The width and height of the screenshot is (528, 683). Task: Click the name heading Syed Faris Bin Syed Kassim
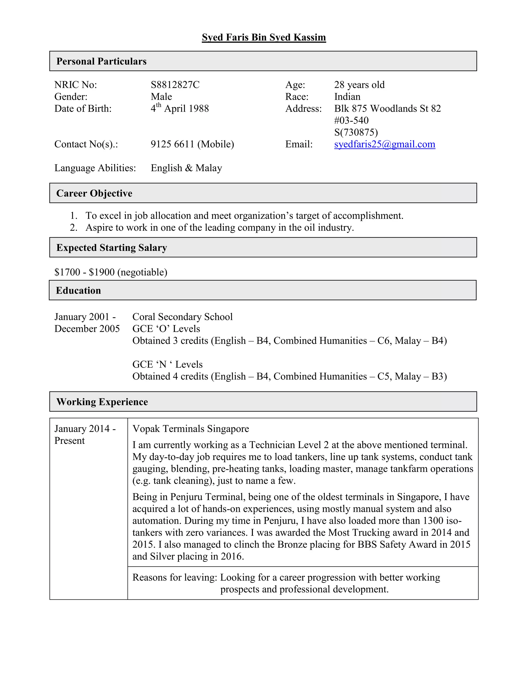pyautogui.click(x=264, y=37)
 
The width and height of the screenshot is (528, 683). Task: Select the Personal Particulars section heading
pyautogui.click(x=101, y=61)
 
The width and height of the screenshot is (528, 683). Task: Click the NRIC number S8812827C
pyautogui.click(x=175, y=85)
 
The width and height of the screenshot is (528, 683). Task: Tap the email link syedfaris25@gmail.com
pyautogui.click(x=384, y=144)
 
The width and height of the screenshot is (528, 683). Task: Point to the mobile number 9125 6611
pyautogui.click(x=172, y=144)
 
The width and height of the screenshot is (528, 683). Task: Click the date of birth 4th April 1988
pyautogui.click(x=179, y=109)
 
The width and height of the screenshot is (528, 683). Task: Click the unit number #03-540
pyautogui.click(x=351, y=120)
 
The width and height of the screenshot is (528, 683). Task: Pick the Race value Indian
pyautogui.click(x=347, y=97)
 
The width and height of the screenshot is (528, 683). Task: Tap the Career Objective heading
pyautogui.click(x=94, y=193)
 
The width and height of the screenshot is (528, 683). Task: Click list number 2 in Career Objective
pyautogui.click(x=73, y=228)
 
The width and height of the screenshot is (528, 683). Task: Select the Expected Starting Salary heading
pyautogui.click(x=112, y=248)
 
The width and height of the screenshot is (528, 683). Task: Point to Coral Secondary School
pyautogui.click(x=182, y=317)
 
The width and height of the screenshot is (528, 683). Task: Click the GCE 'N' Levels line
pyautogui.click(x=167, y=364)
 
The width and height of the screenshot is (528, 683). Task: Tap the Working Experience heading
pyautogui.click(x=102, y=402)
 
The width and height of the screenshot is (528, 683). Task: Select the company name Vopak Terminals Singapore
pyautogui.click(x=191, y=429)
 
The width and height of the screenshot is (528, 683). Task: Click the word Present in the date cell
pyautogui.click(x=69, y=441)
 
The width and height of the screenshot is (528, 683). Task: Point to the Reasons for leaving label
pyautogui.click(x=175, y=577)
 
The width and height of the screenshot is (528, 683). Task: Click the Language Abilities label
pyautogui.click(x=95, y=168)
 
